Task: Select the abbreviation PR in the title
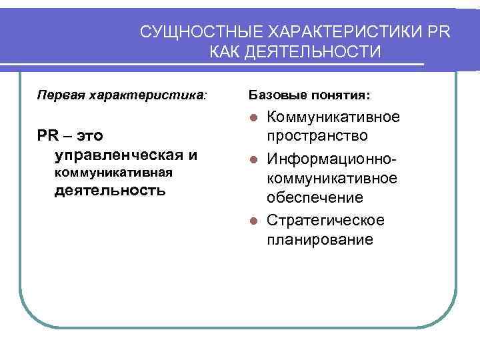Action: pos(439,32)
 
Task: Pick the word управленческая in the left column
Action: pos(119,155)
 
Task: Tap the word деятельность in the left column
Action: pos(109,191)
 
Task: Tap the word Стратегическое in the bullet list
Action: pos(325,220)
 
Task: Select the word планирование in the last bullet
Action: pos(320,239)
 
